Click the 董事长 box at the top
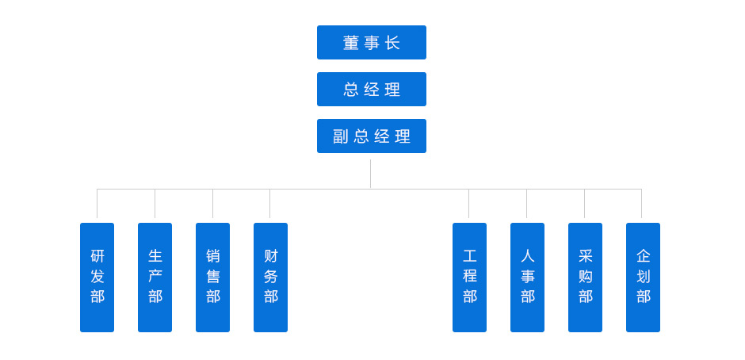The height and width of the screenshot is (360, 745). tap(371, 43)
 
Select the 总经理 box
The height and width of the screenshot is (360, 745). tap(371, 90)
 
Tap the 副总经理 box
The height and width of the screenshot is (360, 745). tap(371, 136)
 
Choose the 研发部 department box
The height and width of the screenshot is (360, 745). tap(97, 278)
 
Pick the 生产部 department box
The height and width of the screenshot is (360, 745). tap(155, 278)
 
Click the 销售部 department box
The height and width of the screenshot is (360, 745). tap(212, 278)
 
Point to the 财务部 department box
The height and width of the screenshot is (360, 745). tap(270, 278)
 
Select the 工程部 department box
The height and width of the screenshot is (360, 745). tap(469, 278)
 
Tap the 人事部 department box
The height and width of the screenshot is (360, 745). tap(527, 278)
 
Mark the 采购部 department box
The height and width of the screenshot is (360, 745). tap(585, 278)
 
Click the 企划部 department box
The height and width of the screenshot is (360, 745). tap(643, 278)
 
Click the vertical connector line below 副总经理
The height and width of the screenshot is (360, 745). tap(370, 174)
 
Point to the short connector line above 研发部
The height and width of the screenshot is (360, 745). tap(97, 204)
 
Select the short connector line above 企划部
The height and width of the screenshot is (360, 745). tap(641, 204)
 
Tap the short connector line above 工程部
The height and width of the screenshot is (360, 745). tap(468, 204)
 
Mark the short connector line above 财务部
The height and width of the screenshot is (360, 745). tap(269, 204)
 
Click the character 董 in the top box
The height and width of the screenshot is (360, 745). tap(350, 43)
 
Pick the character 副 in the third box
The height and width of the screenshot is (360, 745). tap(341, 136)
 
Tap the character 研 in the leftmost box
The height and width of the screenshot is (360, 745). tap(97, 256)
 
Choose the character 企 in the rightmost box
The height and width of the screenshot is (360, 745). tap(643, 256)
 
